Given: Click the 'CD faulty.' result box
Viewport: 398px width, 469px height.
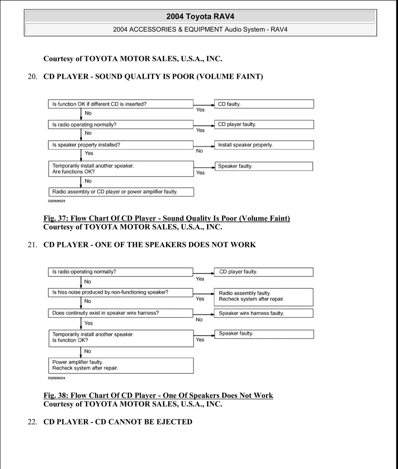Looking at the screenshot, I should point(264,104).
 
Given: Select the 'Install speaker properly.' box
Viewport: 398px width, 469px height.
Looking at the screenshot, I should point(264,145).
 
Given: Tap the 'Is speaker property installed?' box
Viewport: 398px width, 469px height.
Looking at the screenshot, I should point(121,145).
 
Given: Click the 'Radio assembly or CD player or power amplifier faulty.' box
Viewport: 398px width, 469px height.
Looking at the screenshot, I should point(121,192).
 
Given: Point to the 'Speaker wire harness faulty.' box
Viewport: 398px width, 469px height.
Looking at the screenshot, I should point(264,313).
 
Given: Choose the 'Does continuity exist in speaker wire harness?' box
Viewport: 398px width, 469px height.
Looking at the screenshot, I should point(121,313).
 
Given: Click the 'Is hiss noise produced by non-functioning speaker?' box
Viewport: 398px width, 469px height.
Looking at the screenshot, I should point(121,292).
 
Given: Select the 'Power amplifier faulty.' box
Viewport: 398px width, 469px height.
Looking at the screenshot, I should point(121,365).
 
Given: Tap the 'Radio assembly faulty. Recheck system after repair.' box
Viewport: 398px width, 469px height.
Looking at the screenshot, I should point(264,297).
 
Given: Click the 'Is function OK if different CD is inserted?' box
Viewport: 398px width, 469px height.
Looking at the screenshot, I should point(121,104).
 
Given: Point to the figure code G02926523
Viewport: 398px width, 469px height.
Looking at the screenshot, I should point(57,201).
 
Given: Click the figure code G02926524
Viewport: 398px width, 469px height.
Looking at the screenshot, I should point(57,378).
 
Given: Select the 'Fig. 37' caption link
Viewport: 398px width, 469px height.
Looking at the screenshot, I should point(166,218).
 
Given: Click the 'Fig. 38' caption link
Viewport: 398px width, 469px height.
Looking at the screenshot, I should point(158,395).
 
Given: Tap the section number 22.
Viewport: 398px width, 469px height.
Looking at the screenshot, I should point(32,422).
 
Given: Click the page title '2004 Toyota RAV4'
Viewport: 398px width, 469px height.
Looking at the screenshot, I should point(200,17).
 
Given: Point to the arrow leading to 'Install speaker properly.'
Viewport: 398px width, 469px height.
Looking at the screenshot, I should point(204,146).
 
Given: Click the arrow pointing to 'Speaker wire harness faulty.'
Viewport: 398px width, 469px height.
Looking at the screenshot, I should point(204,314).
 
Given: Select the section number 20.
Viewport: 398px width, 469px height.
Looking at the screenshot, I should point(32,77).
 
